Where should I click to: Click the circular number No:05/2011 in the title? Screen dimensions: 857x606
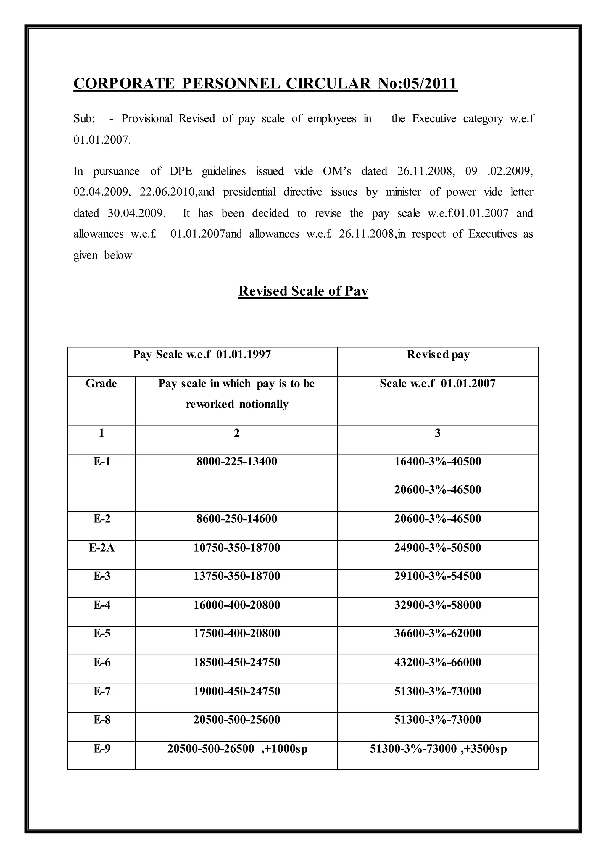tap(417, 83)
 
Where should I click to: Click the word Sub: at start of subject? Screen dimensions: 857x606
tap(84, 119)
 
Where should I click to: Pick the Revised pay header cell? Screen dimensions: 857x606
tap(438, 354)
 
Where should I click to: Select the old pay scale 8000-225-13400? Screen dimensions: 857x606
tap(237, 461)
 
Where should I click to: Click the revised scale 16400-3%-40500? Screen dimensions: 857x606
tap(438, 461)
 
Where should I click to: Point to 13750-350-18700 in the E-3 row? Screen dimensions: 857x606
tap(237, 576)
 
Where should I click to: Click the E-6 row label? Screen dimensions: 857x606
tap(101, 662)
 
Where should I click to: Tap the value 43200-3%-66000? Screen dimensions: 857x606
tap(438, 662)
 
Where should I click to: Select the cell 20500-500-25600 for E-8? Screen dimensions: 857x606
tap(237, 719)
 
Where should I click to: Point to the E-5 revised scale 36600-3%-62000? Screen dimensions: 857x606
tap(438, 633)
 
